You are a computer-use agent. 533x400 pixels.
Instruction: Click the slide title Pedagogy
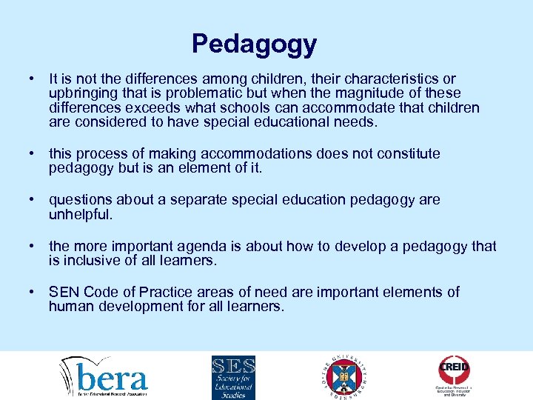coord(254,44)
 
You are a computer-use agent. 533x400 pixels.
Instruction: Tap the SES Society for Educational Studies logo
coord(233,376)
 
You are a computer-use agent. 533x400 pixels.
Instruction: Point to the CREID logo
coord(454,375)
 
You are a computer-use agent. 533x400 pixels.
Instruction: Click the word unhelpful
coord(81,214)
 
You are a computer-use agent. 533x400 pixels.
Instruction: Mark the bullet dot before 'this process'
coord(33,154)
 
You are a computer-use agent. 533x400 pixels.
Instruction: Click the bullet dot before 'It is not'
coord(33,79)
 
